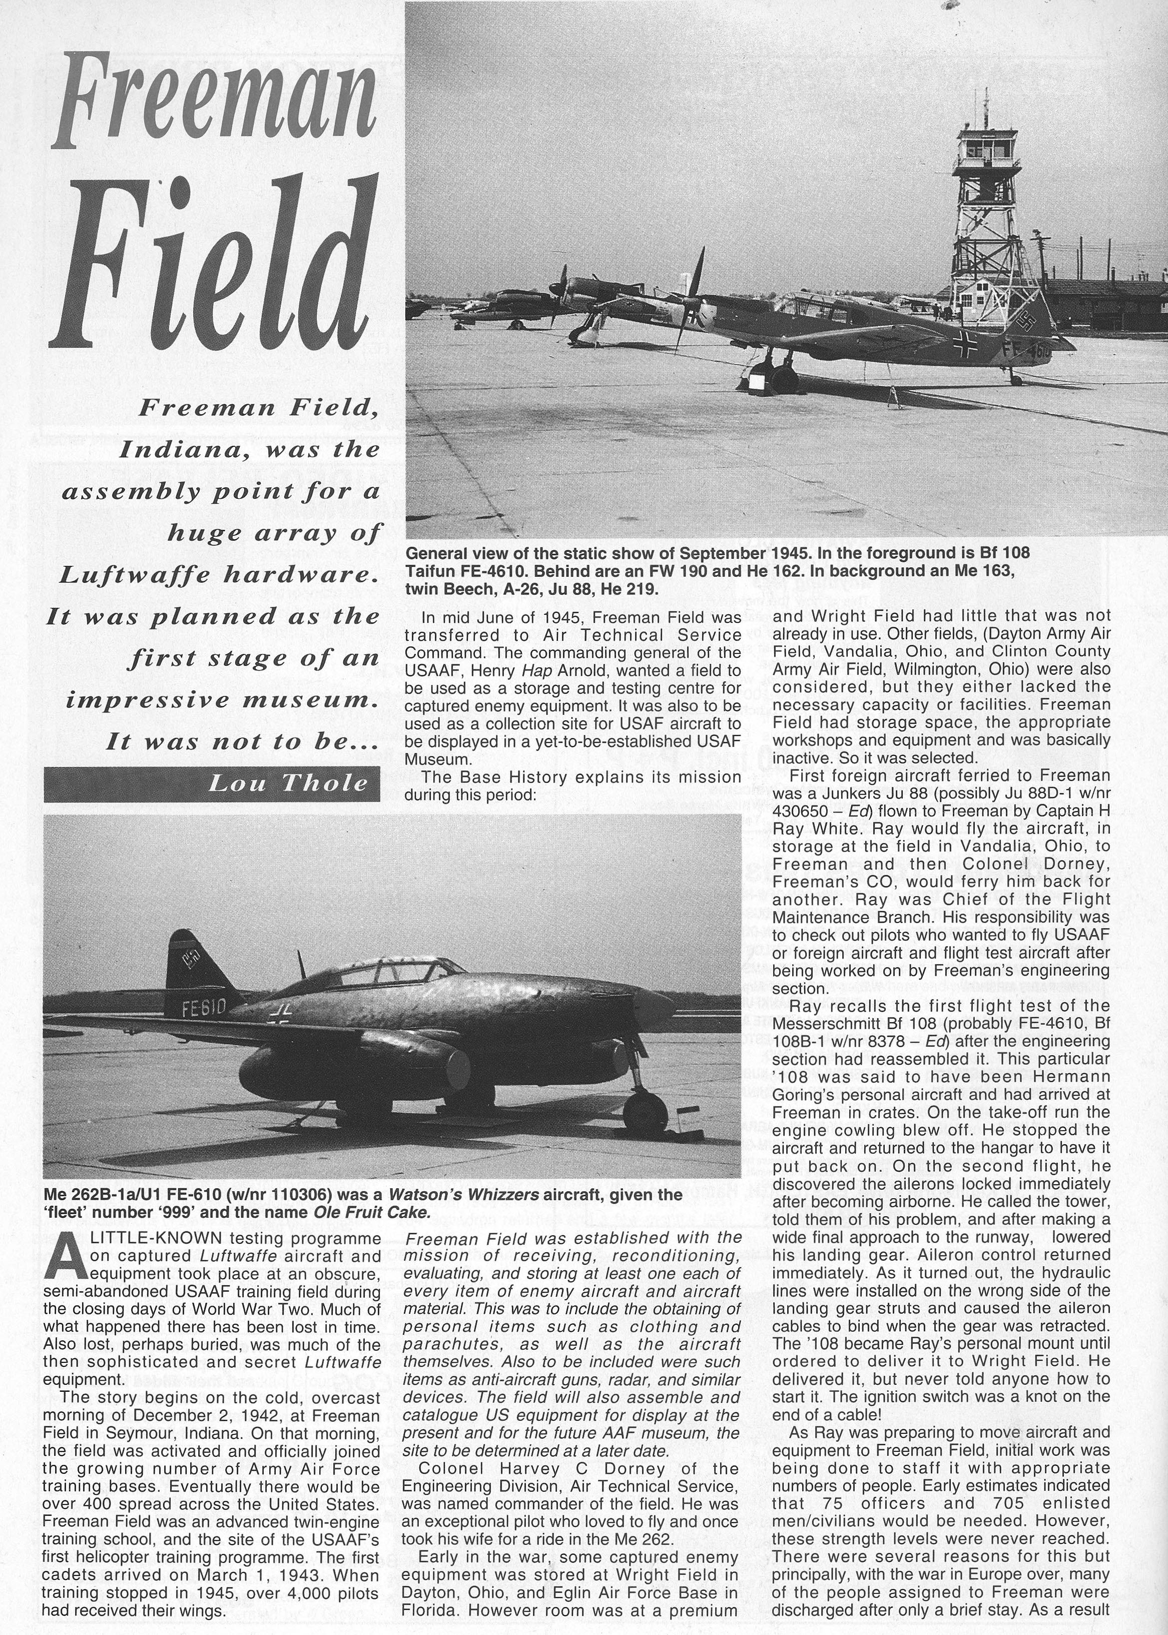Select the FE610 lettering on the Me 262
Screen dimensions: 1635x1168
(x=204, y=1010)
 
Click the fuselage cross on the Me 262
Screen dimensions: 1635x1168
(x=279, y=1017)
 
